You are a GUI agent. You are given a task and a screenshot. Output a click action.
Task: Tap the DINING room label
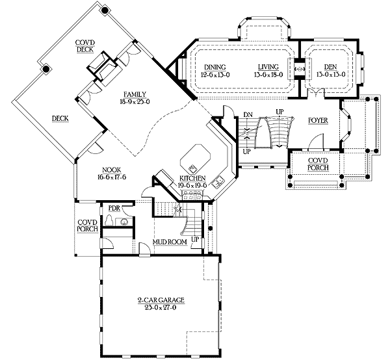[x=214, y=67]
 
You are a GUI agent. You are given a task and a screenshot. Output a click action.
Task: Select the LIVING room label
[x=267, y=67]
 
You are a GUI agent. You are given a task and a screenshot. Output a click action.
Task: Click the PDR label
[x=114, y=208]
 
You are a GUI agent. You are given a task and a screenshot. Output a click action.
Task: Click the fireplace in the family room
[x=104, y=67]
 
